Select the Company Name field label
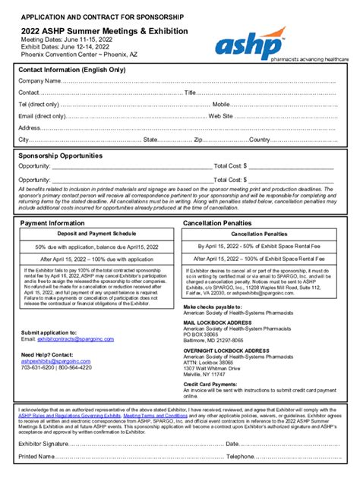point(39,81)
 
